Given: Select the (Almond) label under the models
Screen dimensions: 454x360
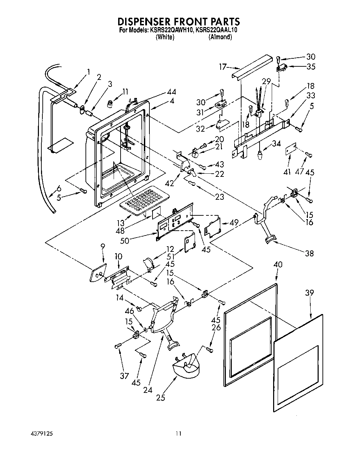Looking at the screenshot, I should coord(220,37).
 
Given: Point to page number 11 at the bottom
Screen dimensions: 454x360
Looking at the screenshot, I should coord(178,434).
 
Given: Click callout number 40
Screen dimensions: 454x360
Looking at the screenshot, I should coord(278,265).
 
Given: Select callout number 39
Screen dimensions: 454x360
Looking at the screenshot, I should coord(309,293).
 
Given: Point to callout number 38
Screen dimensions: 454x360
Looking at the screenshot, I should coord(309,253).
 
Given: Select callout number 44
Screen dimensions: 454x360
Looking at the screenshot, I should coord(171,92).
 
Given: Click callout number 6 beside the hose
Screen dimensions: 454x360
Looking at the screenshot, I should coord(59,189).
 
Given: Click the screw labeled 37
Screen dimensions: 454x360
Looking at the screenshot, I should coord(118,346).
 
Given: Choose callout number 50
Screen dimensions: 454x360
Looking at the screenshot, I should coord(124,240).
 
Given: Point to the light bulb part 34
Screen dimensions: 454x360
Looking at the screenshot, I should coord(259,154).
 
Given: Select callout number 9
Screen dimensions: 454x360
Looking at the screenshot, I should coord(103,246).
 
